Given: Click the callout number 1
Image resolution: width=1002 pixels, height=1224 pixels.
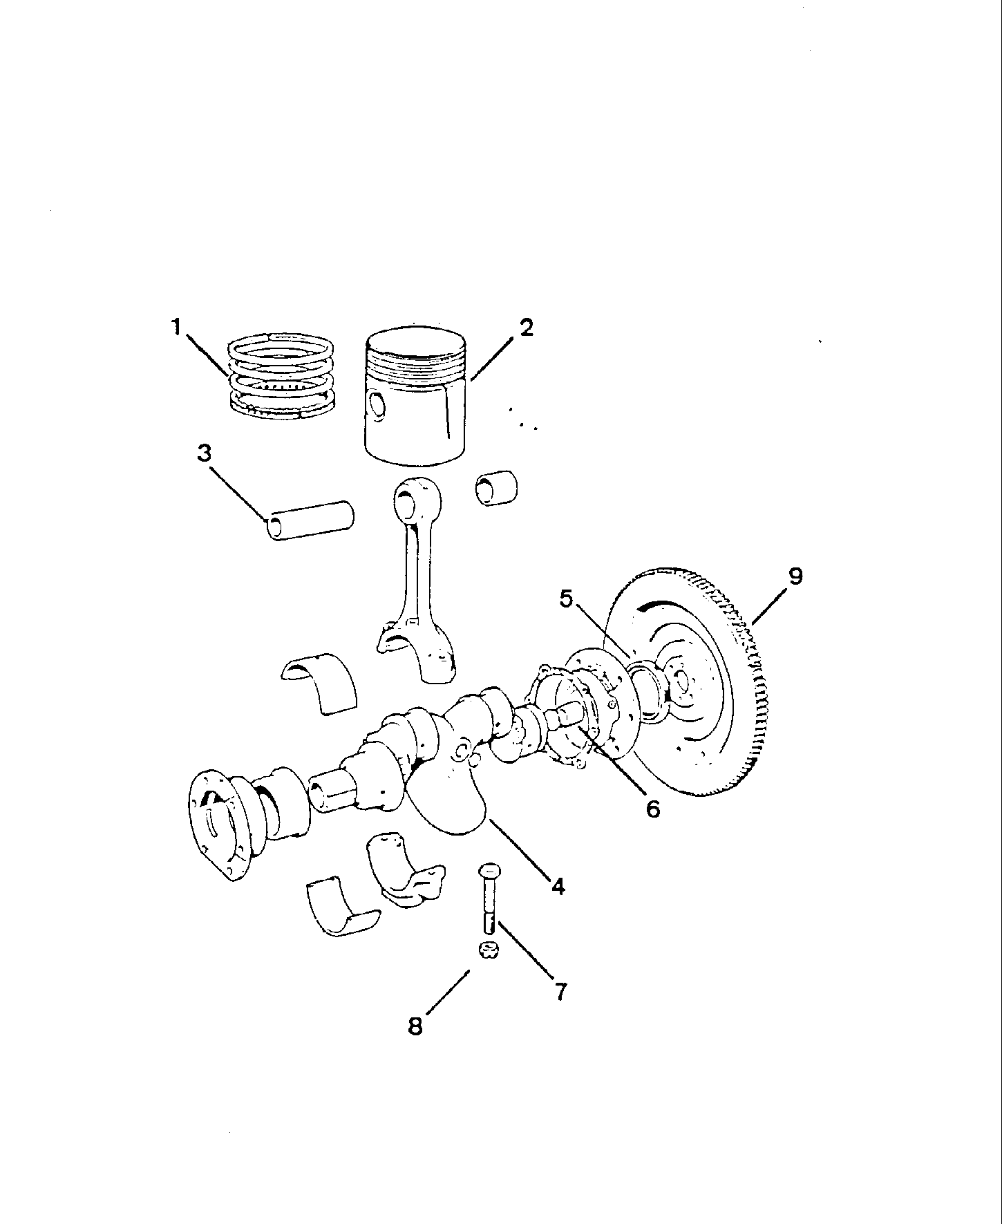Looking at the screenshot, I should pos(177,326).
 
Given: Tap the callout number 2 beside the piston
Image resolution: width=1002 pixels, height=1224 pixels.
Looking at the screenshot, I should pos(526,328).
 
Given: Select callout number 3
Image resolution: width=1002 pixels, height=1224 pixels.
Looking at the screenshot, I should pos(204,453).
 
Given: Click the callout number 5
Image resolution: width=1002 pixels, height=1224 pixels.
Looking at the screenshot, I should pos(567,599).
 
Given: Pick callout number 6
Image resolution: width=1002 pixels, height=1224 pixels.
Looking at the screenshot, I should pos(653,807).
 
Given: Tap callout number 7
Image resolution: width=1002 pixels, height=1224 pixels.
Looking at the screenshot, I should pos(560,991).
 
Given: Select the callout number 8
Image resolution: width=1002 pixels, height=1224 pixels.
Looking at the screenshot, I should pos(415,1026).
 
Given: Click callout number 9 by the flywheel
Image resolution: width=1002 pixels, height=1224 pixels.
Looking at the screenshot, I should pos(795,576).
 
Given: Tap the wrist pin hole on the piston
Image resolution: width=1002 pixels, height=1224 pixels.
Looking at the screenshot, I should pos(377,406).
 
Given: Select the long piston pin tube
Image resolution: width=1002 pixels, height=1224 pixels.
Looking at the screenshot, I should pos(310,520).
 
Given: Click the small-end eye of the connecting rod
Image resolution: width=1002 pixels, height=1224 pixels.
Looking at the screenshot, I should pos(407,497).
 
